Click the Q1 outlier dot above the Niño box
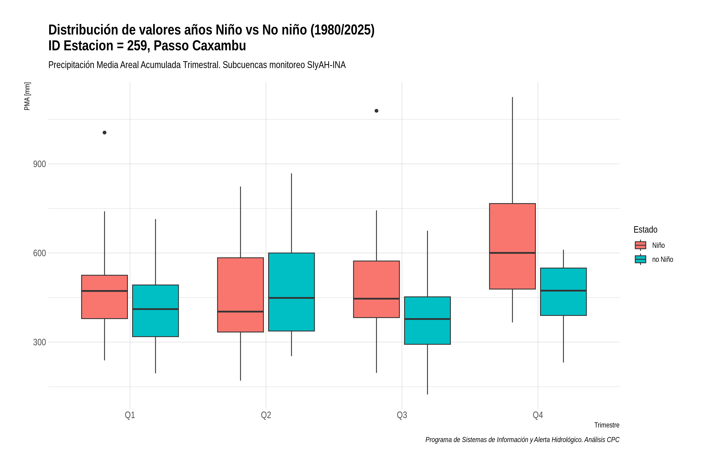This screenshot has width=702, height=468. coord(105,133)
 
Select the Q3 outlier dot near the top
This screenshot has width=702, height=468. coord(376,111)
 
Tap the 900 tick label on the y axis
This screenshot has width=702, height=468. coord(39,164)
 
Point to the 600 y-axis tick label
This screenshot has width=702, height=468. coord(39,253)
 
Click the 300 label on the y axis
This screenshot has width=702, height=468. coord(39,342)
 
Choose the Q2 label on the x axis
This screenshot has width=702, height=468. coord(266,415)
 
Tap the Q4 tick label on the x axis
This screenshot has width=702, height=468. coord(538,415)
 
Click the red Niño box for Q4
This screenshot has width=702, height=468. coord(512,246)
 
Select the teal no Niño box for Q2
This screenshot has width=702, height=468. coord(291,292)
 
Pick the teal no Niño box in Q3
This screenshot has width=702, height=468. coord(427,321)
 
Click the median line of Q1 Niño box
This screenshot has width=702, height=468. coord(105,291)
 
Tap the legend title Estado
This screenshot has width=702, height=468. coord(645,230)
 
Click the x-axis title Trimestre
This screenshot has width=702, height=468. coord(607,425)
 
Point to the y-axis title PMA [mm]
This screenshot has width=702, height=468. coord(27,96)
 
